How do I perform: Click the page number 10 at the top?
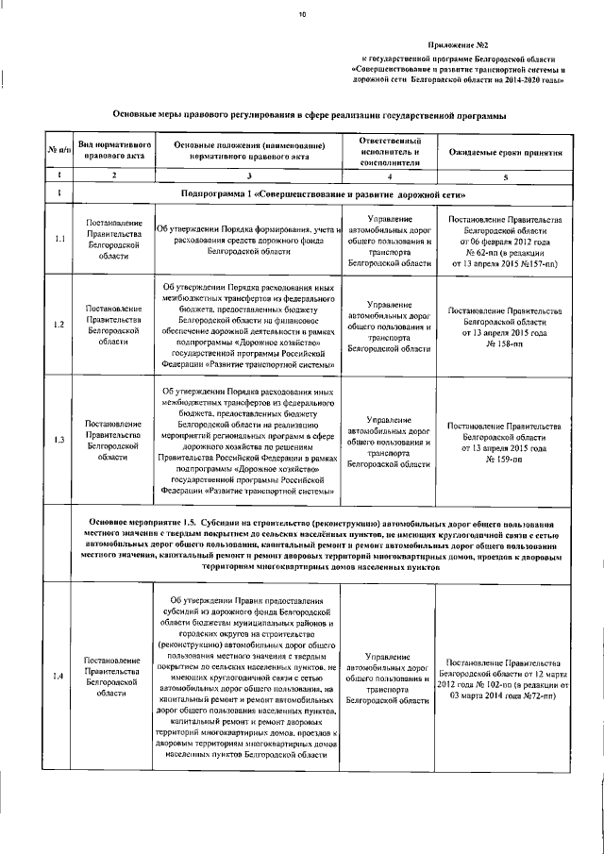click(303, 14)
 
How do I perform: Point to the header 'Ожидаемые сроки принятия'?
click(506, 152)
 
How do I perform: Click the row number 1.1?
click(59, 239)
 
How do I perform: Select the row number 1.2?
click(59, 325)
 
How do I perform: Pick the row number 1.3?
click(59, 441)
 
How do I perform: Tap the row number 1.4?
click(59, 677)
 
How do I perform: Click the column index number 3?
click(250, 176)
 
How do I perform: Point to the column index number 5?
click(506, 176)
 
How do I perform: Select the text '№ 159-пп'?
click(505, 459)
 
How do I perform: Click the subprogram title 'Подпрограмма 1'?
click(222, 193)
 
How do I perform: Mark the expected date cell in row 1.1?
click(505, 242)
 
